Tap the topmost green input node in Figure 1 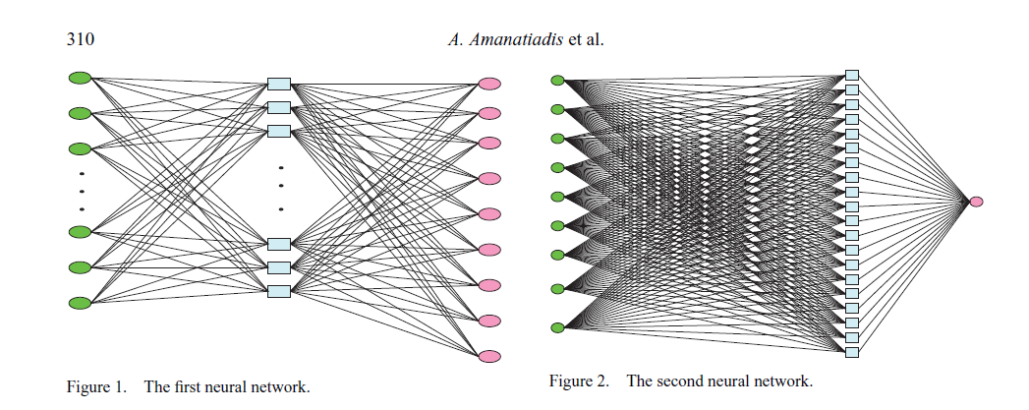(x=80, y=78)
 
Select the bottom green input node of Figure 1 (x=80, y=302)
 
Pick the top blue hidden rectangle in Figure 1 (x=279, y=85)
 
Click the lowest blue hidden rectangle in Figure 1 (x=279, y=291)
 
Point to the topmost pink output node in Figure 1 (x=489, y=84)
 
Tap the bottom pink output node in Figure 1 (x=489, y=356)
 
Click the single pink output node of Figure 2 (x=976, y=202)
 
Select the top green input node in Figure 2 (x=557, y=80)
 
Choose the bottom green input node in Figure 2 (x=557, y=327)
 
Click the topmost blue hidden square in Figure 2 (x=852, y=75)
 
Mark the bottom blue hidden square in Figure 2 (x=852, y=352)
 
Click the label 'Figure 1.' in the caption (x=96, y=386)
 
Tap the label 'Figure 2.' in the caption (x=579, y=381)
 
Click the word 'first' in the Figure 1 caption (x=189, y=386)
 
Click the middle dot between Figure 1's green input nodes (x=82, y=191)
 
